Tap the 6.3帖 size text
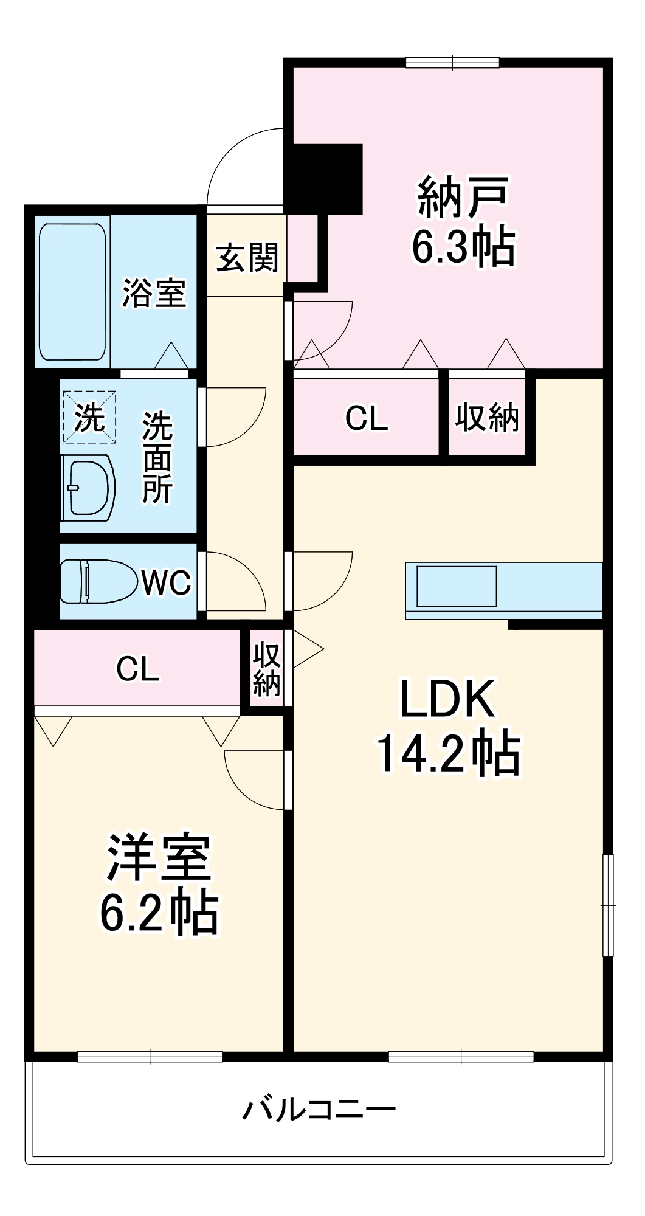coord(463,247)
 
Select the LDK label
coord(447,699)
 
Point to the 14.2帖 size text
coord(449,754)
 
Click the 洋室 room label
coord(159,858)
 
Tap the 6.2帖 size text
coord(159,912)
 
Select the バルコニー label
coord(319,1109)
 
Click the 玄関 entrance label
coord(247,258)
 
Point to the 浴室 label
coord(154,293)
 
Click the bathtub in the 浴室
coord(72,292)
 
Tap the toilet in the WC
coord(97,581)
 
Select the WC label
coord(167,582)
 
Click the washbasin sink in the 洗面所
coord(89,488)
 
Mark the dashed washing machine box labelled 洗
coord(89,417)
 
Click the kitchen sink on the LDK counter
coord(456,586)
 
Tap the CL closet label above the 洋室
coord(137,669)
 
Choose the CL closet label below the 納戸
coord(366,418)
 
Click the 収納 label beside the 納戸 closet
coord(487,418)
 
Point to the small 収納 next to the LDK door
coord(266,669)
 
